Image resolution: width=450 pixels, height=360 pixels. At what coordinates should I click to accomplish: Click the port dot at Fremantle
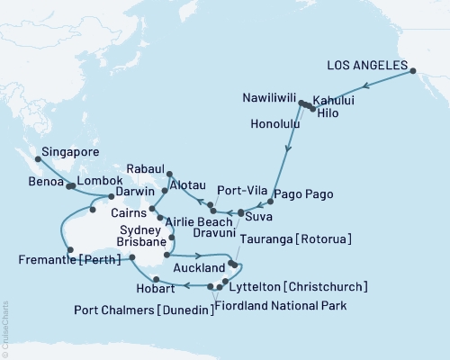coord(67,250)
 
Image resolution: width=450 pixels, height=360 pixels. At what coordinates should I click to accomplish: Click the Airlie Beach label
coord(197,220)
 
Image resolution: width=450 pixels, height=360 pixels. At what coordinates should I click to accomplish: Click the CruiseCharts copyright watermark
coord(5,328)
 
